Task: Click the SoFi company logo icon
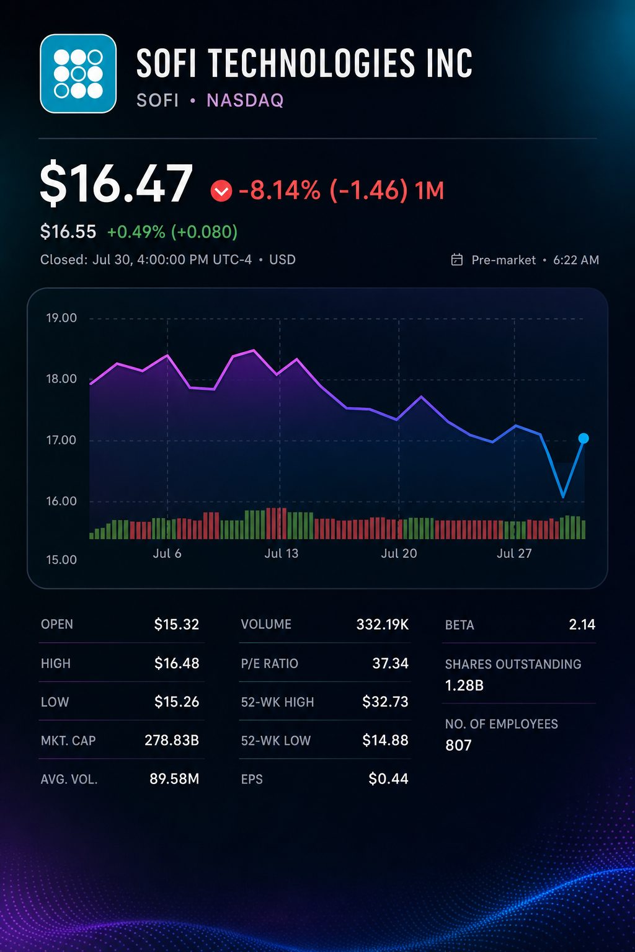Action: click(78, 74)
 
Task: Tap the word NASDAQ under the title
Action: click(245, 101)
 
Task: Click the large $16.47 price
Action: click(116, 183)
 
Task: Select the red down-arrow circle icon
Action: click(221, 190)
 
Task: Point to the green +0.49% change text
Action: click(136, 232)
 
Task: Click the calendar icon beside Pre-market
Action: click(457, 260)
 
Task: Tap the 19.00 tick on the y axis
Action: click(61, 318)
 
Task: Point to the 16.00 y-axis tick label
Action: click(61, 501)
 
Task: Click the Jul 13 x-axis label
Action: click(281, 553)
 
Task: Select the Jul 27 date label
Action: click(514, 553)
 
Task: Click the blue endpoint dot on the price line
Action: click(584, 438)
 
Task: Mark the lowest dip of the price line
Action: click(563, 496)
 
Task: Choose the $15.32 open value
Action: click(177, 624)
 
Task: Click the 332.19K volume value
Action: click(383, 624)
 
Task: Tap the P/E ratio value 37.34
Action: click(390, 663)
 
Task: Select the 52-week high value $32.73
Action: click(385, 702)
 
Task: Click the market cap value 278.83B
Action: click(172, 741)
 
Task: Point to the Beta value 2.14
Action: click(582, 624)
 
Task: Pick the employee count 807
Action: click(458, 746)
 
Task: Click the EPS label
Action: click(252, 780)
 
